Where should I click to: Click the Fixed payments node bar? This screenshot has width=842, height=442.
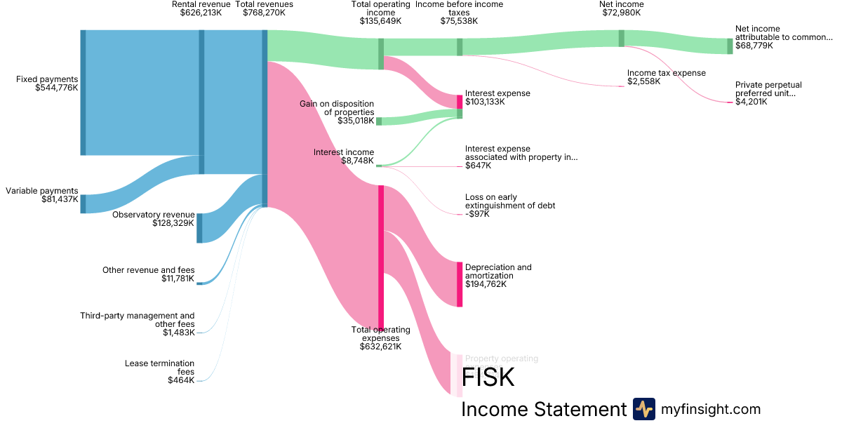(x=83, y=93)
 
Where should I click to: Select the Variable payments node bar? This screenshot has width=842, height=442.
(x=83, y=204)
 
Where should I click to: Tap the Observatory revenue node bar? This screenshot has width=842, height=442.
(x=199, y=228)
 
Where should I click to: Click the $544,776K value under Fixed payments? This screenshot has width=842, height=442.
(x=56, y=88)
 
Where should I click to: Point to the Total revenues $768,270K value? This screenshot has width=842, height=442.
(x=264, y=13)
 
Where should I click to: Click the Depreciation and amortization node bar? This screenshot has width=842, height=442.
(x=460, y=284)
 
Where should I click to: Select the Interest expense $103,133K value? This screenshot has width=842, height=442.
(x=485, y=102)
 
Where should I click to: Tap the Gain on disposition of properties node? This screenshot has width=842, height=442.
(x=379, y=121)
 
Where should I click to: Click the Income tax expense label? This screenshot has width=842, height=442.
(x=666, y=73)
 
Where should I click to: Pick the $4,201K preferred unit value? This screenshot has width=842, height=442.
(x=751, y=102)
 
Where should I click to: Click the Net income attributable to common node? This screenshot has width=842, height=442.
(x=730, y=46)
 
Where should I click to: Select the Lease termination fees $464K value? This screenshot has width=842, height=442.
(x=181, y=380)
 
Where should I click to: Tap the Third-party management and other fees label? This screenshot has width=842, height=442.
(x=138, y=320)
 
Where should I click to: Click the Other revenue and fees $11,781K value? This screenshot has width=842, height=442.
(x=178, y=279)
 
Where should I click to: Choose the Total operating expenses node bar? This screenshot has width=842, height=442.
(x=381, y=256)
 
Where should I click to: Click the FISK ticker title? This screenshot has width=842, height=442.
(x=488, y=377)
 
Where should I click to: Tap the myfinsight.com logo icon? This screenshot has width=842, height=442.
(x=643, y=409)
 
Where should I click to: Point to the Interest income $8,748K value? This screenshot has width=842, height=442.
(x=357, y=161)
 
